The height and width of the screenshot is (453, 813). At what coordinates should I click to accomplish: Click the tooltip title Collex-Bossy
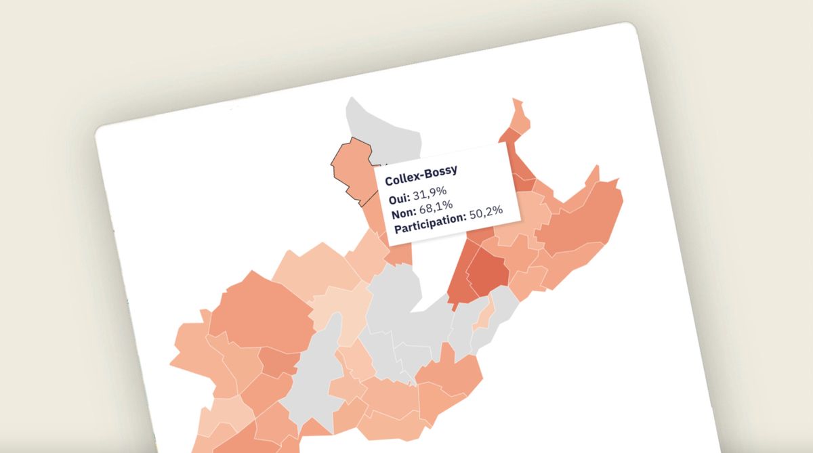(x=421, y=174)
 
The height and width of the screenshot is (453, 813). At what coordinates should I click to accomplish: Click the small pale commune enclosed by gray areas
(x=482, y=315)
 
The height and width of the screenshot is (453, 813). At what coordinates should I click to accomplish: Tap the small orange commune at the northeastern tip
(x=520, y=118)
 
